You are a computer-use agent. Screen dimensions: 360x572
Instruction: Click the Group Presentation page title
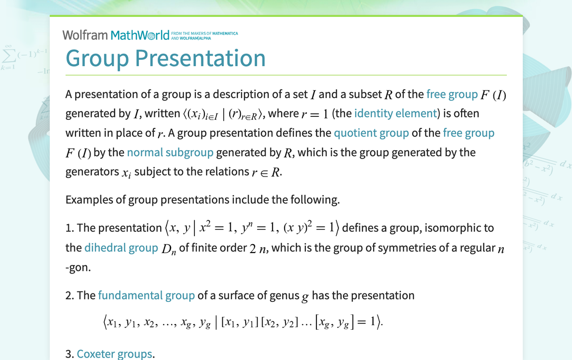[x=166, y=58]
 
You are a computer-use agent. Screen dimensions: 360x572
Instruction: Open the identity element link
[x=395, y=113]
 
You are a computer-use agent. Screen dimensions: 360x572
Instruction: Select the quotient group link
[x=371, y=133]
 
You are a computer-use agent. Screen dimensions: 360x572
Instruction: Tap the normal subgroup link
[x=170, y=153]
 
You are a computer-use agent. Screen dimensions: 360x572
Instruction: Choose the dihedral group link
[x=121, y=248]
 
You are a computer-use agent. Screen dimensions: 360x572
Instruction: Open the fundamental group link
[x=146, y=295]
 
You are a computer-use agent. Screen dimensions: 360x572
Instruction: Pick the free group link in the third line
[x=469, y=133]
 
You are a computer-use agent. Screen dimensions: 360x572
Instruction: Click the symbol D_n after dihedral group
[x=169, y=249]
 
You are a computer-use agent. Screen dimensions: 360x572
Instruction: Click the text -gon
[x=78, y=267]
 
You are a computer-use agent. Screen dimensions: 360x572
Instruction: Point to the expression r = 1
[x=315, y=114]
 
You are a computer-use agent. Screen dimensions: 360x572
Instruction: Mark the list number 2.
[x=69, y=295]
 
